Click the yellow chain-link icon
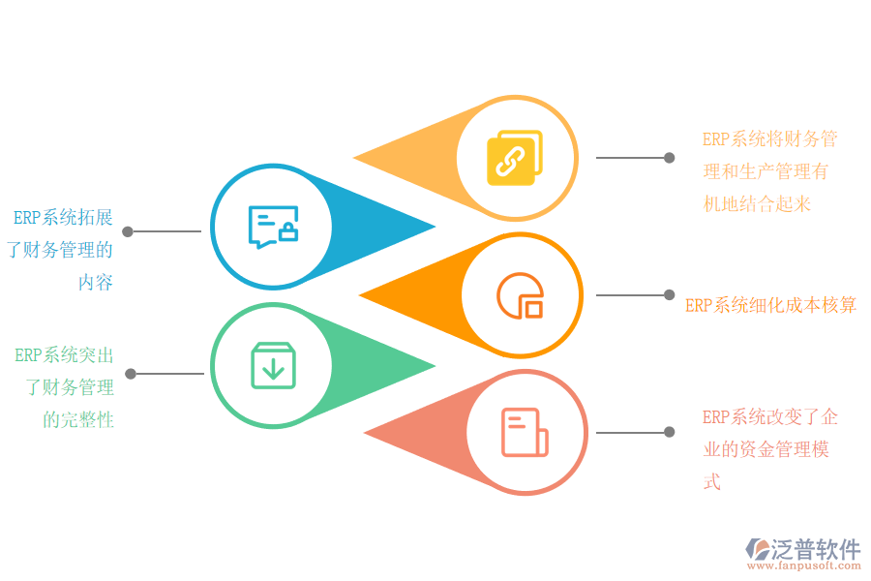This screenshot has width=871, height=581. [x=514, y=158]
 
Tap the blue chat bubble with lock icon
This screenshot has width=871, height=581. [x=273, y=227]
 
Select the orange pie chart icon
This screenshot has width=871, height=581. [x=521, y=294]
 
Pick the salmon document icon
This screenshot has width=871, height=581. [x=524, y=432]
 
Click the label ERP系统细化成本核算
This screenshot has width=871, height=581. [x=770, y=305]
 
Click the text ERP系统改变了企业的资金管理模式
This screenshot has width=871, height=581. [x=769, y=449]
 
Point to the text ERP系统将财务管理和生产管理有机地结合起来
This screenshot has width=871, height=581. [x=769, y=171]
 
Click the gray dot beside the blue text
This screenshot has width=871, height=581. [x=127, y=231]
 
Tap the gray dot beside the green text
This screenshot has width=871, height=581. [x=130, y=374]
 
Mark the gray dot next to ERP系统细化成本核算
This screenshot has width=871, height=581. [x=669, y=294]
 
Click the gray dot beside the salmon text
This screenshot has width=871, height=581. [x=669, y=432]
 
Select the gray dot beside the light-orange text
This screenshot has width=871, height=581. [x=669, y=157]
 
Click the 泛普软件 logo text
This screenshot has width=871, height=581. [x=815, y=550]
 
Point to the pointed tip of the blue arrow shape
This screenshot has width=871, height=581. [x=434, y=228]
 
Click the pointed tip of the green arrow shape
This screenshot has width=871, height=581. [x=434, y=366]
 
